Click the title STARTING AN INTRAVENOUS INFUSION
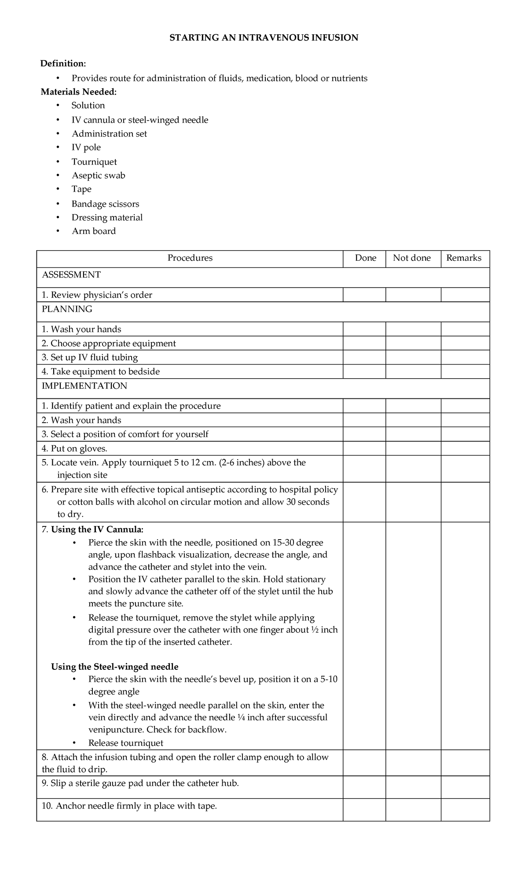click(x=264, y=38)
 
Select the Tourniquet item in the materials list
click(x=94, y=162)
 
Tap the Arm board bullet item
click(x=94, y=231)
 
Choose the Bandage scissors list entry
click(x=105, y=204)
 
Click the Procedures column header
click(x=190, y=258)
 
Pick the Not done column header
click(x=412, y=258)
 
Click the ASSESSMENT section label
click(x=71, y=275)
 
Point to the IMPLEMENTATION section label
click(x=84, y=386)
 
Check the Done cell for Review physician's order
click(x=364, y=295)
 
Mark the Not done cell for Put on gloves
click(x=413, y=449)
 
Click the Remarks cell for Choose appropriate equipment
click(x=465, y=343)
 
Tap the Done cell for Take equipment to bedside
click(x=364, y=372)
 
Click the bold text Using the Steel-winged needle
click(x=115, y=666)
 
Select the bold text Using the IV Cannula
click(x=97, y=529)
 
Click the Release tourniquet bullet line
click(x=125, y=743)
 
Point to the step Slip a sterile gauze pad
click(x=145, y=783)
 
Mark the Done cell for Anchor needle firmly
click(x=364, y=810)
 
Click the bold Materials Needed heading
click(x=79, y=92)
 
